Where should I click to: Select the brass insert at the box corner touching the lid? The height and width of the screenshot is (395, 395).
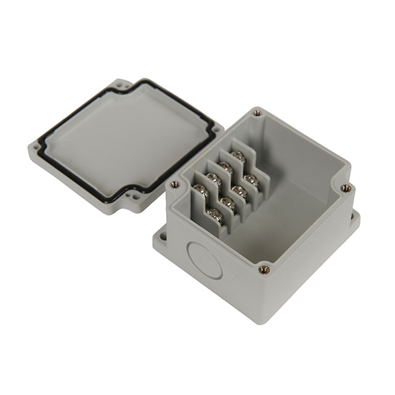(175, 183)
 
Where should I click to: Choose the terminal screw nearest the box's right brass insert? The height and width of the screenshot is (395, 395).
(250, 179)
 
